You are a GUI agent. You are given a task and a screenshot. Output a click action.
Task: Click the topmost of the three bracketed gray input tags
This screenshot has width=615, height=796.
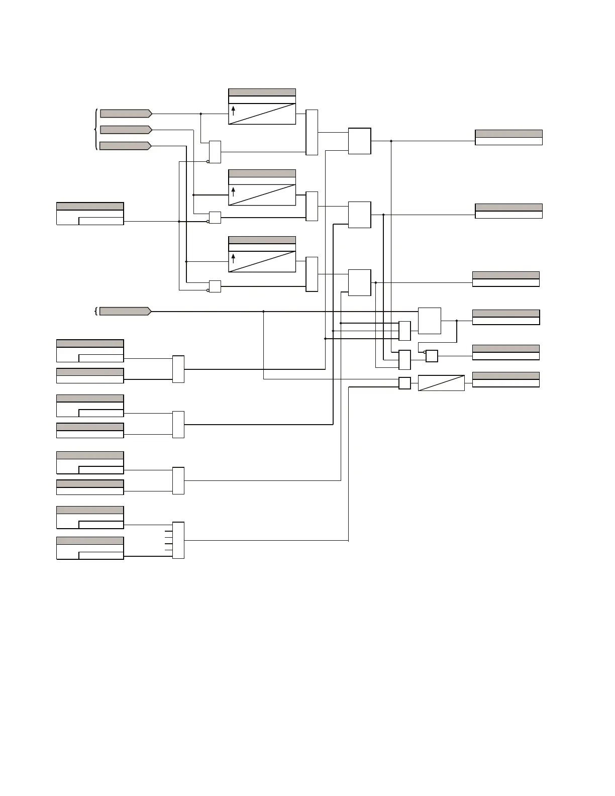[126, 114]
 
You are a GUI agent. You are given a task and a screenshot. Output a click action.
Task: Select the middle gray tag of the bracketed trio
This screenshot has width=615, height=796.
[126, 130]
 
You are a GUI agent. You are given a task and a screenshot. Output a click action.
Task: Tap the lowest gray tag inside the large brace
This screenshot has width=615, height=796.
[125, 146]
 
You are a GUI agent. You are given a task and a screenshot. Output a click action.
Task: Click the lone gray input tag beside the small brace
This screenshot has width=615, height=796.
[125, 311]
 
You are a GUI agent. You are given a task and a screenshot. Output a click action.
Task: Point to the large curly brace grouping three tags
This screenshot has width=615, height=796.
[96, 130]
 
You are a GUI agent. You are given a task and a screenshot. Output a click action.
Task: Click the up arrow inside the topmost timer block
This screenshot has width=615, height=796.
[233, 111]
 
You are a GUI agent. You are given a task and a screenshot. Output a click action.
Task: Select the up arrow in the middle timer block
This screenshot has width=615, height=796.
[233, 191]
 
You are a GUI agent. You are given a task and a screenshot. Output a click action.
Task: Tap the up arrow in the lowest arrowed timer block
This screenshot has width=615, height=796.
[233, 258]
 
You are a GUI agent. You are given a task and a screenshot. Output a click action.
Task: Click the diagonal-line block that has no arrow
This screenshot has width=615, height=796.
[441, 383]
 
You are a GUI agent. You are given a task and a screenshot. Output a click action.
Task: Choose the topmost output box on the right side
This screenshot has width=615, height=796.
[508, 137]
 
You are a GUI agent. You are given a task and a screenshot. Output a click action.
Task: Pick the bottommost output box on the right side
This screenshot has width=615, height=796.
[505, 379]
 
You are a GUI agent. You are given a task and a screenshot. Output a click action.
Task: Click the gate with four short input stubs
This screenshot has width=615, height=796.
[178, 540]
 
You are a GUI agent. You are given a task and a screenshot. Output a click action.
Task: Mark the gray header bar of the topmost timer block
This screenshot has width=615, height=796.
[262, 92]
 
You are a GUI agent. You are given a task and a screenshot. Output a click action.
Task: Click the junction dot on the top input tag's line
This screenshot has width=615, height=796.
[201, 114]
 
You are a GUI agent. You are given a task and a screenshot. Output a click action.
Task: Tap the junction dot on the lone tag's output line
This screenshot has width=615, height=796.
[264, 312]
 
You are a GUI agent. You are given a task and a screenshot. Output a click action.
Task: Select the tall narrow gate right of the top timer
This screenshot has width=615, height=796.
[312, 132]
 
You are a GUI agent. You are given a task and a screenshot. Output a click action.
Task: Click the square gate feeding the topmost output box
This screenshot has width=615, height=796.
[360, 141]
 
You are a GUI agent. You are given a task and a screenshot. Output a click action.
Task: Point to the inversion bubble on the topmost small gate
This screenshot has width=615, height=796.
[208, 162]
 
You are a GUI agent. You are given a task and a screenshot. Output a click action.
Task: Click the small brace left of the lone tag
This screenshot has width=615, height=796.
[95, 311]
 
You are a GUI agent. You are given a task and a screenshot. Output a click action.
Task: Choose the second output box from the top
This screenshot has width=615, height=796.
[508, 211]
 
